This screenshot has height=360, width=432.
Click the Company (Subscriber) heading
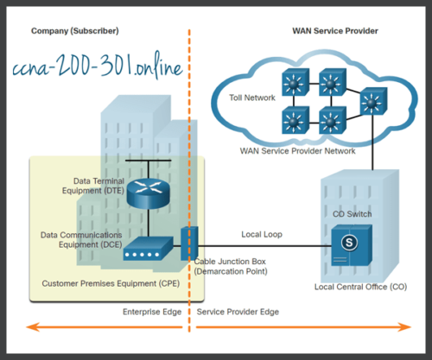pos(74,31)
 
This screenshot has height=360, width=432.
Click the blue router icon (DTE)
pos(145,193)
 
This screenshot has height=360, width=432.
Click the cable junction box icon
pos(190,243)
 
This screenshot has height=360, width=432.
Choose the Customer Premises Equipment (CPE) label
pos(100,282)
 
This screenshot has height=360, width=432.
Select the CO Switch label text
pos(352,212)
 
